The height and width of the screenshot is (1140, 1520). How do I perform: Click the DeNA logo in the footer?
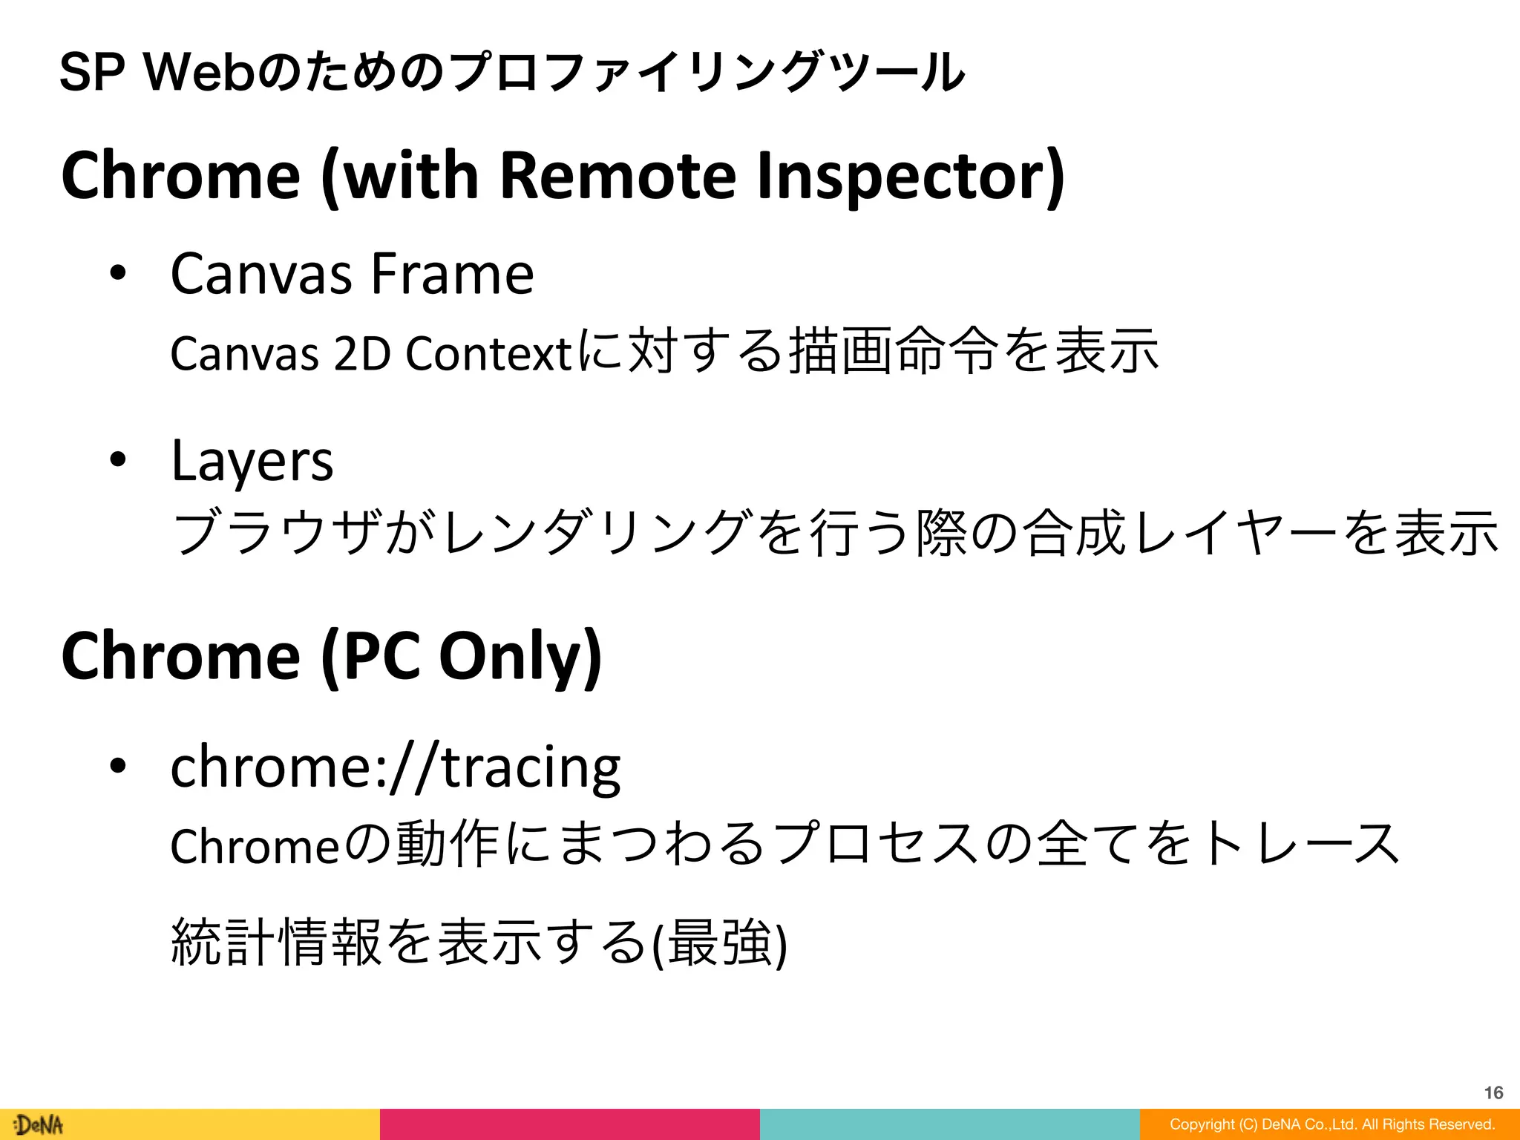pos(39,1124)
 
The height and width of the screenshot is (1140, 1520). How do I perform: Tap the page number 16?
pos(1493,1092)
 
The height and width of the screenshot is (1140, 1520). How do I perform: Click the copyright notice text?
pos(1331,1124)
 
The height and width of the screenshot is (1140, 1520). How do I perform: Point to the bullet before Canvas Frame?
pos(118,273)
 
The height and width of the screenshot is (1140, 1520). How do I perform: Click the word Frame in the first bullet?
pos(452,273)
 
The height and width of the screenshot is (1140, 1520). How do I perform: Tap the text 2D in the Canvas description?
pos(361,353)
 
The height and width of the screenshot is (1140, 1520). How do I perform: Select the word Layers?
pos(252,462)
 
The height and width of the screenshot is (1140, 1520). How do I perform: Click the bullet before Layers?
pos(118,460)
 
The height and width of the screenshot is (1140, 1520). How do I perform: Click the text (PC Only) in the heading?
pos(461,656)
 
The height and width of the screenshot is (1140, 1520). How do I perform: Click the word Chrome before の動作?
pos(255,846)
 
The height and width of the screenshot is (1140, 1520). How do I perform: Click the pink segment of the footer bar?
pos(569,1124)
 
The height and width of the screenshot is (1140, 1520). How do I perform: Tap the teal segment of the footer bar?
pos(949,1124)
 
